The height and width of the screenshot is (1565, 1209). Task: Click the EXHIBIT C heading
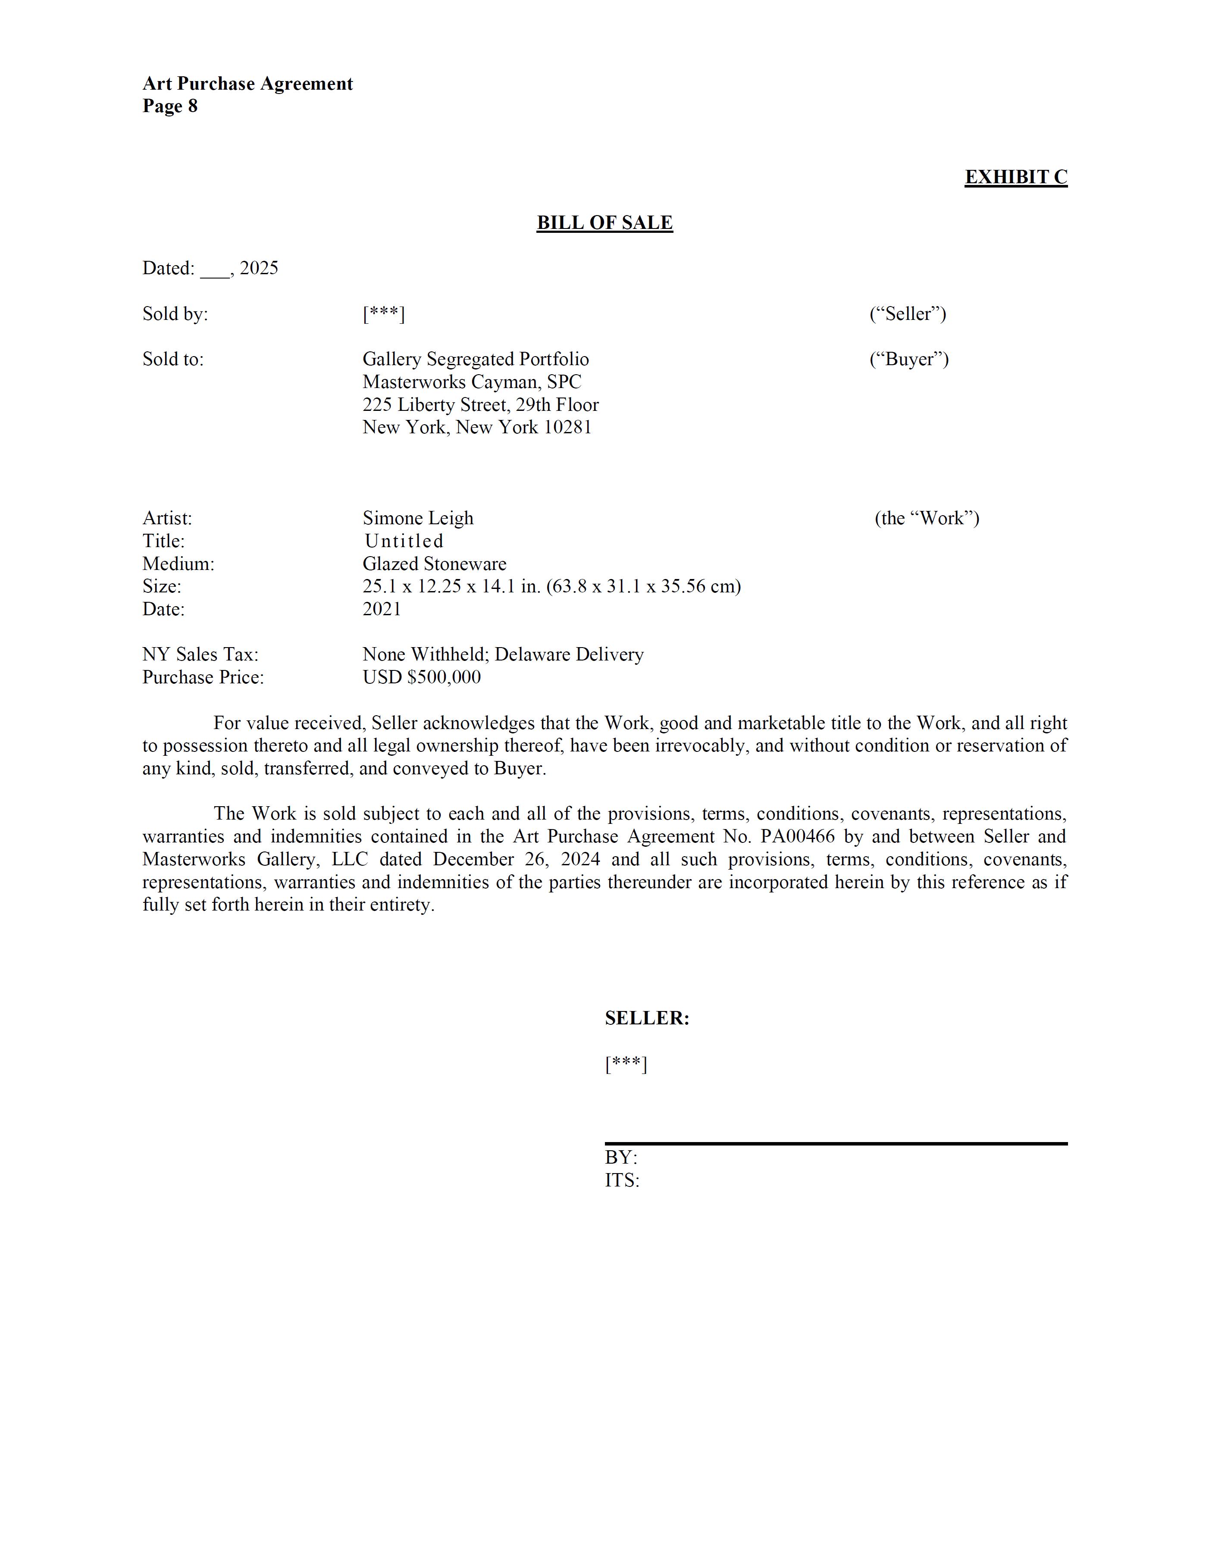click(x=1015, y=177)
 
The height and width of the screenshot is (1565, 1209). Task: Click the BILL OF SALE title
click(x=604, y=223)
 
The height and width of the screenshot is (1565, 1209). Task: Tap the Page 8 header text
click(x=170, y=106)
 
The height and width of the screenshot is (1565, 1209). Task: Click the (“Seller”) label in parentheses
click(x=907, y=314)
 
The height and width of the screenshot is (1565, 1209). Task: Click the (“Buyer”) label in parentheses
click(x=909, y=359)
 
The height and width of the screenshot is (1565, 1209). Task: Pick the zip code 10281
click(x=567, y=428)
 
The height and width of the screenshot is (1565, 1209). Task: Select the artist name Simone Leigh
click(x=418, y=518)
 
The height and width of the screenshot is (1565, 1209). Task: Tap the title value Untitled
click(x=404, y=541)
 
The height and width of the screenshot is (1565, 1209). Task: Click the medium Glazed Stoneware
click(x=434, y=564)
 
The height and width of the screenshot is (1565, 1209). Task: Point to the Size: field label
click(x=162, y=587)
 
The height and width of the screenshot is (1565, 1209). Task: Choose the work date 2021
click(x=382, y=609)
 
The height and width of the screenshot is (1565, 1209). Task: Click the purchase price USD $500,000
click(x=421, y=677)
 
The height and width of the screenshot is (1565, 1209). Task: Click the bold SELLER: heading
click(x=646, y=1018)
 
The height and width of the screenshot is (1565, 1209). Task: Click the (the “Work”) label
click(x=927, y=518)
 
